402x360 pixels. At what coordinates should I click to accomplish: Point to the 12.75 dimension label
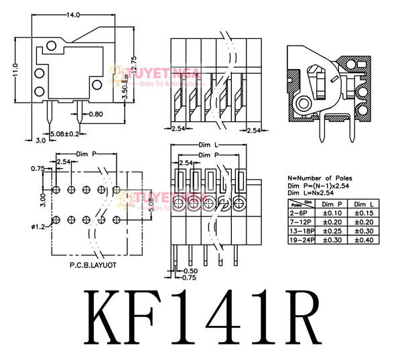[x=134, y=69]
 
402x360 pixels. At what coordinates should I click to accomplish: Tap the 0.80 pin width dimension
[x=95, y=114]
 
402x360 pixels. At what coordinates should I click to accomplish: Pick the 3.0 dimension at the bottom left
[x=40, y=141]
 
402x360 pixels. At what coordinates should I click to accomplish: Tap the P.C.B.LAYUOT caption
[x=93, y=266]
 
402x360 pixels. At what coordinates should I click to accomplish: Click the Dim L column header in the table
[x=362, y=203]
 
